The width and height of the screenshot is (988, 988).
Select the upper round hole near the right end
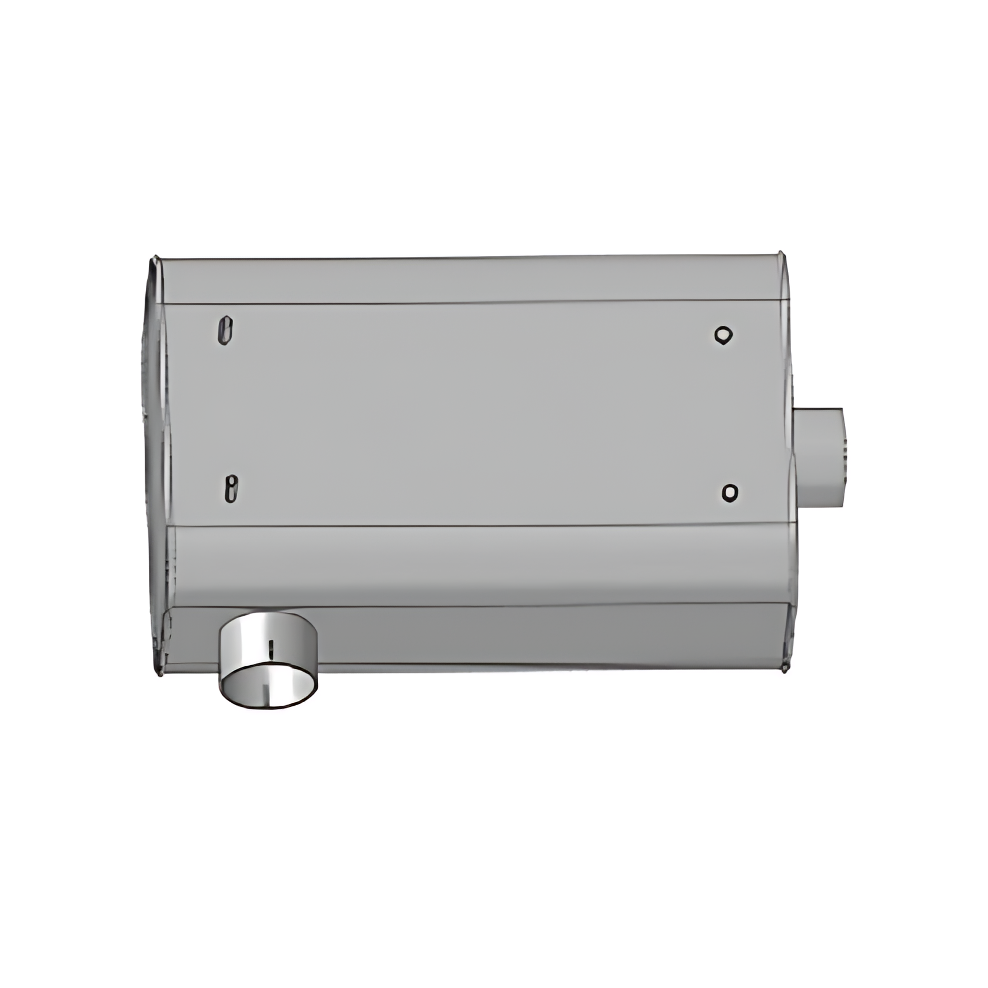723,335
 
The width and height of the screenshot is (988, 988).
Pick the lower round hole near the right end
729,492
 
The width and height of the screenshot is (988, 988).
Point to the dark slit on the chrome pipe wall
271,649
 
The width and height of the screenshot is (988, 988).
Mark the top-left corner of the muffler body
156,259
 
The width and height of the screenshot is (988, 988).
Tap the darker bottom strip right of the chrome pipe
547,635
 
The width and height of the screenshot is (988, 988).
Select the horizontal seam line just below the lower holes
470,526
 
